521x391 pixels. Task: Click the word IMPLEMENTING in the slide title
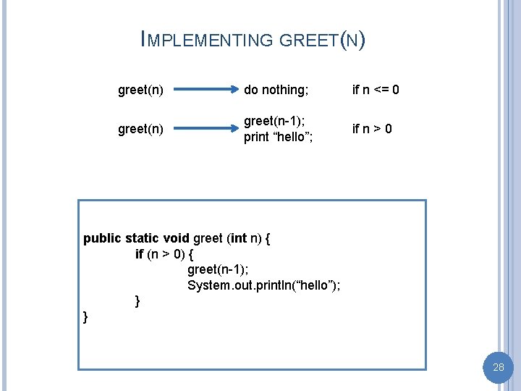coord(207,41)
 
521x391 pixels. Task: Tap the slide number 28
coord(498,367)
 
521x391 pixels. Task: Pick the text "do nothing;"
coord(276,90)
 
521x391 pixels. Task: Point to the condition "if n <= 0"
coord(376,90)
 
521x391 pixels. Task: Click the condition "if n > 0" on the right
coord(372,129)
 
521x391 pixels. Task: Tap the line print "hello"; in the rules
coord(279,138)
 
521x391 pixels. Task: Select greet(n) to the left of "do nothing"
coord(140,90)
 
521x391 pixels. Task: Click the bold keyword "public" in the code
coord(102,238)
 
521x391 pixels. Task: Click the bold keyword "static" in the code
coord(143,238)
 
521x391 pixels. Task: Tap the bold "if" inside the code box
coord(140,254)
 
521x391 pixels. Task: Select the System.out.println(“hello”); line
coord(264,285)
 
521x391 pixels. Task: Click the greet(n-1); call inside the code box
coord(217,269)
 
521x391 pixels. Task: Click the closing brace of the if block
coord(137,300)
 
